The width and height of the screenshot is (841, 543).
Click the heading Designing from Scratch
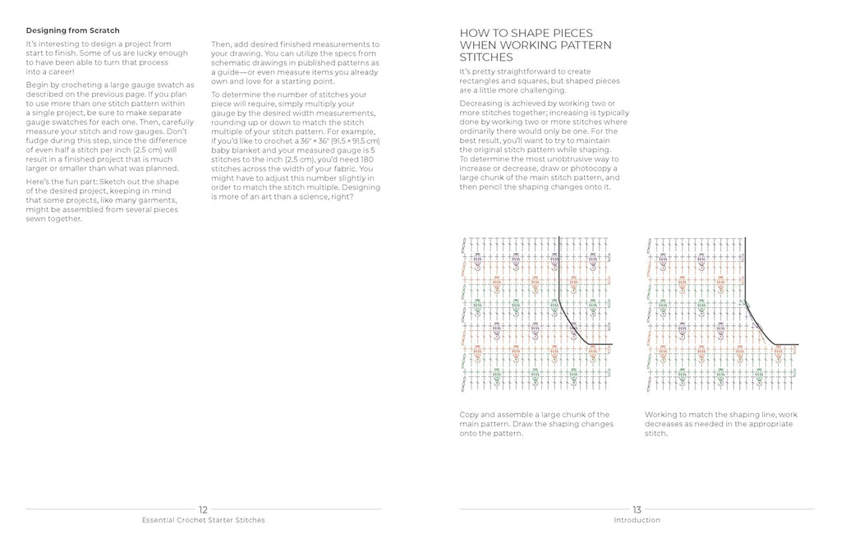click(72, 30)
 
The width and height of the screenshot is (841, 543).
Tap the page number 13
click(636, 509)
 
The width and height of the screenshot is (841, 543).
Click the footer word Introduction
click(636, 520)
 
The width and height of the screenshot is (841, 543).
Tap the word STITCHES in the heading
click(487, 58)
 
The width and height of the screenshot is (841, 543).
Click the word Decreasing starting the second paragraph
click(485, 104)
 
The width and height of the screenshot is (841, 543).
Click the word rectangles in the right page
click(480, 81)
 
